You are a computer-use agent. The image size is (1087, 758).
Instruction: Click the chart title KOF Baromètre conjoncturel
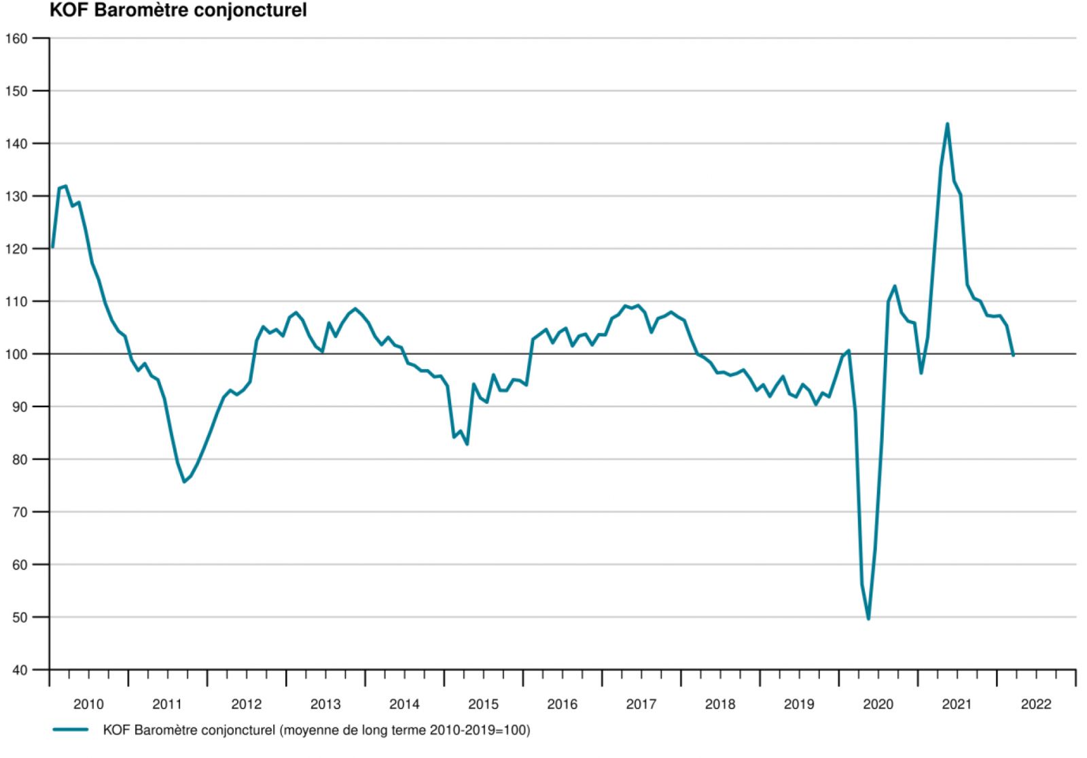click(178, 11)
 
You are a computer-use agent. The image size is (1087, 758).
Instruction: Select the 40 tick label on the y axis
click(21, 670)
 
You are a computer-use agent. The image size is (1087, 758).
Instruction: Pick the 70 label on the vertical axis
click(21, 512)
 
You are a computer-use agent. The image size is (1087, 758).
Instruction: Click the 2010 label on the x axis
click(88, 704)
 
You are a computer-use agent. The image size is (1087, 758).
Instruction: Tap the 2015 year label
click(483, 704)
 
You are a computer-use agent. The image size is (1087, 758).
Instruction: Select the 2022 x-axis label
click(1035, 704)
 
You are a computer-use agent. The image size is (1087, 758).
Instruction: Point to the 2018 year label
click(720, 704)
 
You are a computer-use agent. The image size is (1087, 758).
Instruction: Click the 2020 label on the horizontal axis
click(878, 704)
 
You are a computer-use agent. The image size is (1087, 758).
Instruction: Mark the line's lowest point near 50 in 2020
click(868, 619)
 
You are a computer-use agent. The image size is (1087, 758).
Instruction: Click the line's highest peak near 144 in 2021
click(947, 124)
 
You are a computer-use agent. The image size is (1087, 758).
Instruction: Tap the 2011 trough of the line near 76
click(184, 482)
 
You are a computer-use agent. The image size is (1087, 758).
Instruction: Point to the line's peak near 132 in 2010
click(65, 186)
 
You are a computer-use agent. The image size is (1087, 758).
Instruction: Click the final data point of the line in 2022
click(1013, 355)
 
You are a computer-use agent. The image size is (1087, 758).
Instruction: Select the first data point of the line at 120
click(52, 247)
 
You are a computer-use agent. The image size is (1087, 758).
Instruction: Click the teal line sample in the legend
click(71, 730)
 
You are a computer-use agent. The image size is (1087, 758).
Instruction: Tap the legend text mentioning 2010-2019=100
click(316, 731)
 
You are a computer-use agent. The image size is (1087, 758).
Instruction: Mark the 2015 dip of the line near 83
click(467, 445)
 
